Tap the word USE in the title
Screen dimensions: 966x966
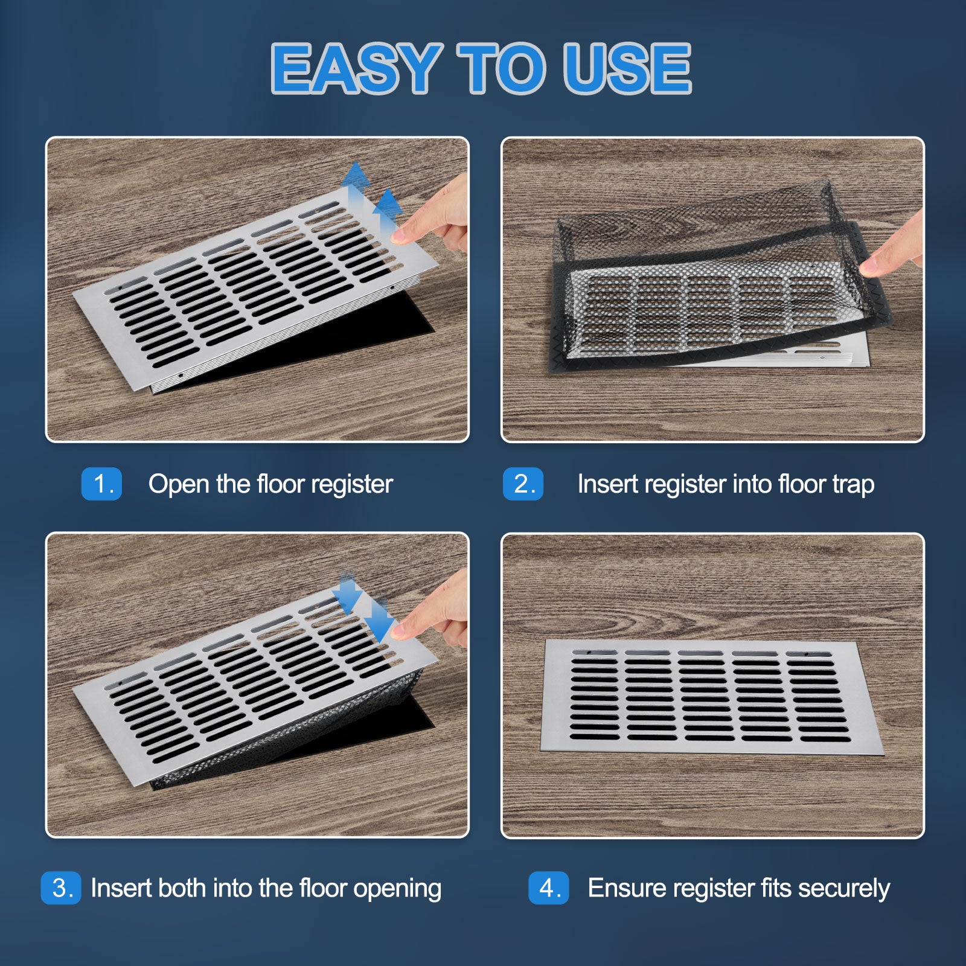coord(627,68)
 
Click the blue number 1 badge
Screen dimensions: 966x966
coord(101,484)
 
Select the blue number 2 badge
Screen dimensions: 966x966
coord(523,484)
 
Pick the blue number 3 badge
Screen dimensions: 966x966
coord(61,888)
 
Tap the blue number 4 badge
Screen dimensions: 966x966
coord(549,888)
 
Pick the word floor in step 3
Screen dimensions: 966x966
coord(323,888)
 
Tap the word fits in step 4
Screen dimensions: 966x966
coord(776,888)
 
